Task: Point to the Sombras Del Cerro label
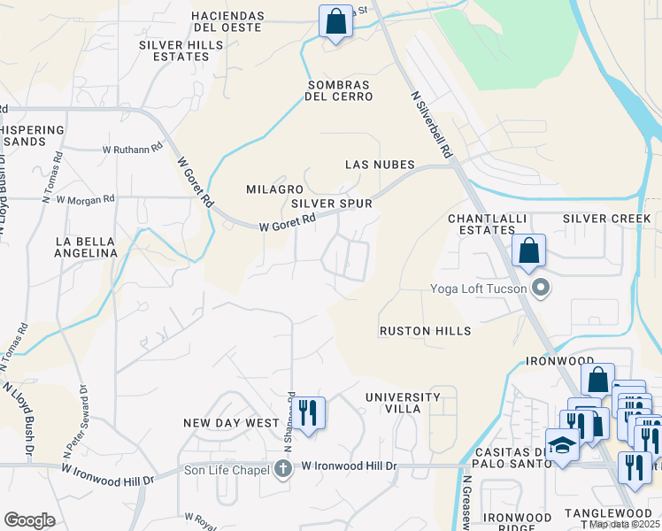(x=339, y=90)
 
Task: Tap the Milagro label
(x=274, y=189)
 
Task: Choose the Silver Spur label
(x=332, y=204)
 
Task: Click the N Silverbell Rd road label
(x=432, y=125)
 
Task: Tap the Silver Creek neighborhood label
(x=606, y=219)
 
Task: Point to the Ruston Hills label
(x=425, y=331)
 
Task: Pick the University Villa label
(x=403, y=404)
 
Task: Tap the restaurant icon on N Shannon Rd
(x=308, y=413)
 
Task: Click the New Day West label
(x=231, y=423)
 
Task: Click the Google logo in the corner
(x=29, y=520)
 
